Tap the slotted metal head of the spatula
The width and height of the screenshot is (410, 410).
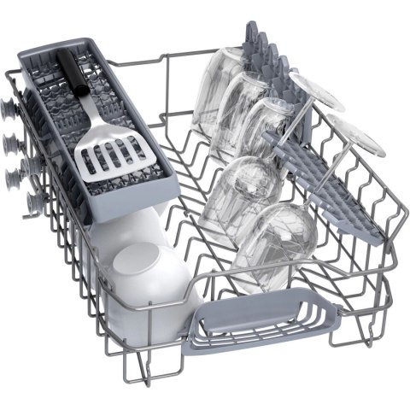[x=103, y=149]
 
